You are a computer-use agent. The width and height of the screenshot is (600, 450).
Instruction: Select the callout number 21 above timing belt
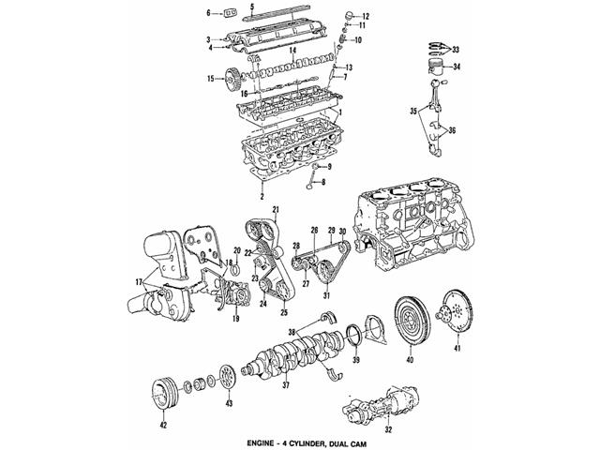point(277,208)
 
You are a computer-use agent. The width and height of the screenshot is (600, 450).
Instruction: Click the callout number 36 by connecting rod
point(455,130)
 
